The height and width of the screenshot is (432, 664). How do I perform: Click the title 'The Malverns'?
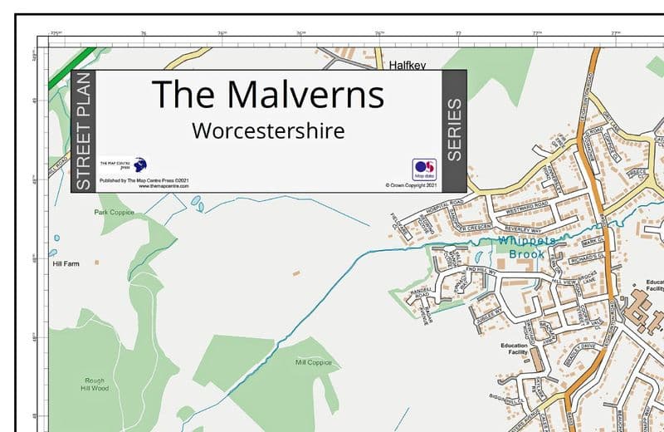(x=267, y=94)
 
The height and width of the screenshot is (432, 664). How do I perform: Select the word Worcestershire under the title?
(x=267, y=131)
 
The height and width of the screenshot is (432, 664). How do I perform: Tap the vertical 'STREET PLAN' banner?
(x=83, y=131)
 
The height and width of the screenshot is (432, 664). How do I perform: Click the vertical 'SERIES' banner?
(x=454, y=130)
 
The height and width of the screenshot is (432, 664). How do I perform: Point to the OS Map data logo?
(x=424, y=169)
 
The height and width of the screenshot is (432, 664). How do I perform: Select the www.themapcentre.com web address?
(x=161, y=186)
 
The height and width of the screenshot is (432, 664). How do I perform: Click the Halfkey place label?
(x=408, y=63)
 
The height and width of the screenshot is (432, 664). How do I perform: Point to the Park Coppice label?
(x=114, y=213)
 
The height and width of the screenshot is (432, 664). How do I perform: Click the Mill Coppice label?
(x=313, y=362)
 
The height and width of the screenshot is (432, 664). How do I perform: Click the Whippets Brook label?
(x=524, y=248)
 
